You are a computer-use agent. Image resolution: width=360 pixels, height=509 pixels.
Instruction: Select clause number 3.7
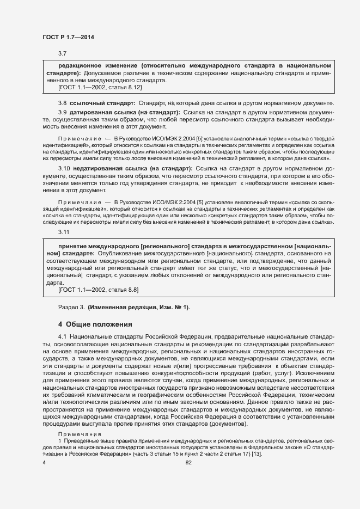coord(62,53)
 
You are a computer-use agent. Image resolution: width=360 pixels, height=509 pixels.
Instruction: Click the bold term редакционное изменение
coord(93,65)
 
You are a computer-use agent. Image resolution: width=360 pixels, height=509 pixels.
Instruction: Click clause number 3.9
coord(62,112)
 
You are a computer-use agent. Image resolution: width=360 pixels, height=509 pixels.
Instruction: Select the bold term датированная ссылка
coord(101,112)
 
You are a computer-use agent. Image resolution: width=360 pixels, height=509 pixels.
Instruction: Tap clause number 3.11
coord(64,232)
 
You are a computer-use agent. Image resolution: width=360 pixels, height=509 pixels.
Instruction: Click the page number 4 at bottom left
coord(44,463)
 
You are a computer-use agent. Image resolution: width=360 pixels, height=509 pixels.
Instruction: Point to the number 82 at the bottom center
coord(189,463)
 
